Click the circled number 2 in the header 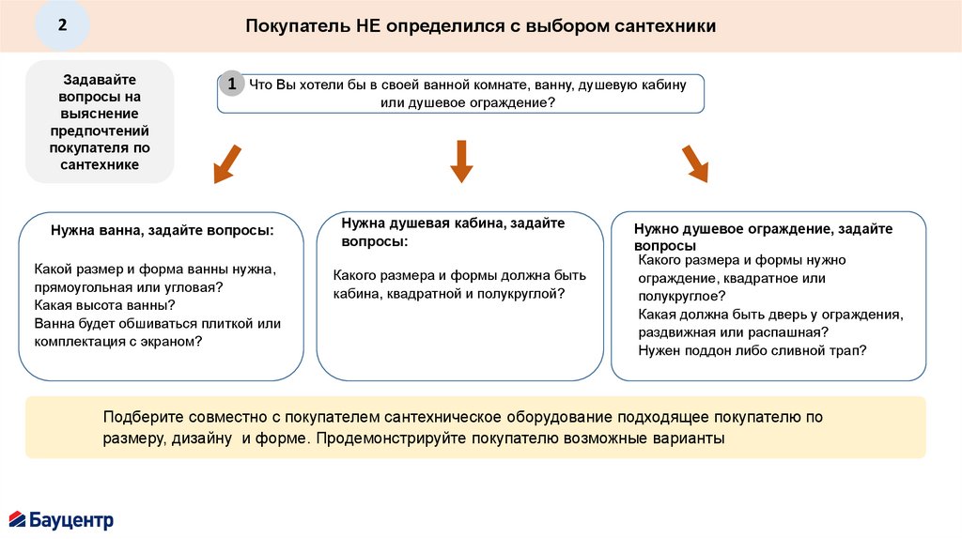(62, 25)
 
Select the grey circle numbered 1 (232, 84)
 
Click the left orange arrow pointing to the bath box (226, 163)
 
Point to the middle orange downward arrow (460, 161)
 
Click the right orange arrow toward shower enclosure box (695, 163)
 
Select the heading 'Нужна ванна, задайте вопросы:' (162, 230)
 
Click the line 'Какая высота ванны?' (104, 305)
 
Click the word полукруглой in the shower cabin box (520, 294)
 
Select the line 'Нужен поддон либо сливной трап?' (752, 350)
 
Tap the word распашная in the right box (789, 332)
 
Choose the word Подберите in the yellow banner (144, 417)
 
